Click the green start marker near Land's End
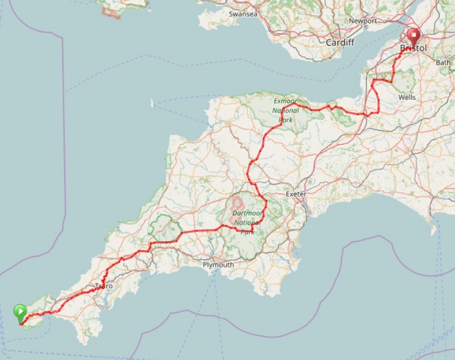point(20,312)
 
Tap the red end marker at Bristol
point(413,37)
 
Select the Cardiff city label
point(341,42)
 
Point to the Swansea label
point(242,14)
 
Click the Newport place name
point(363,20)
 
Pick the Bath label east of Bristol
point(443,63)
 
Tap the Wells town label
point(407,97)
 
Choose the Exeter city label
point(296,194)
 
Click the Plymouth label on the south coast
point(218,265)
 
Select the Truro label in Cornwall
point(104,286)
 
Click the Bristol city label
point(413,49)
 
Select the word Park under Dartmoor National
point(247,231)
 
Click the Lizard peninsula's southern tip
point(82,341)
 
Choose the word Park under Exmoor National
point(284,120)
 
